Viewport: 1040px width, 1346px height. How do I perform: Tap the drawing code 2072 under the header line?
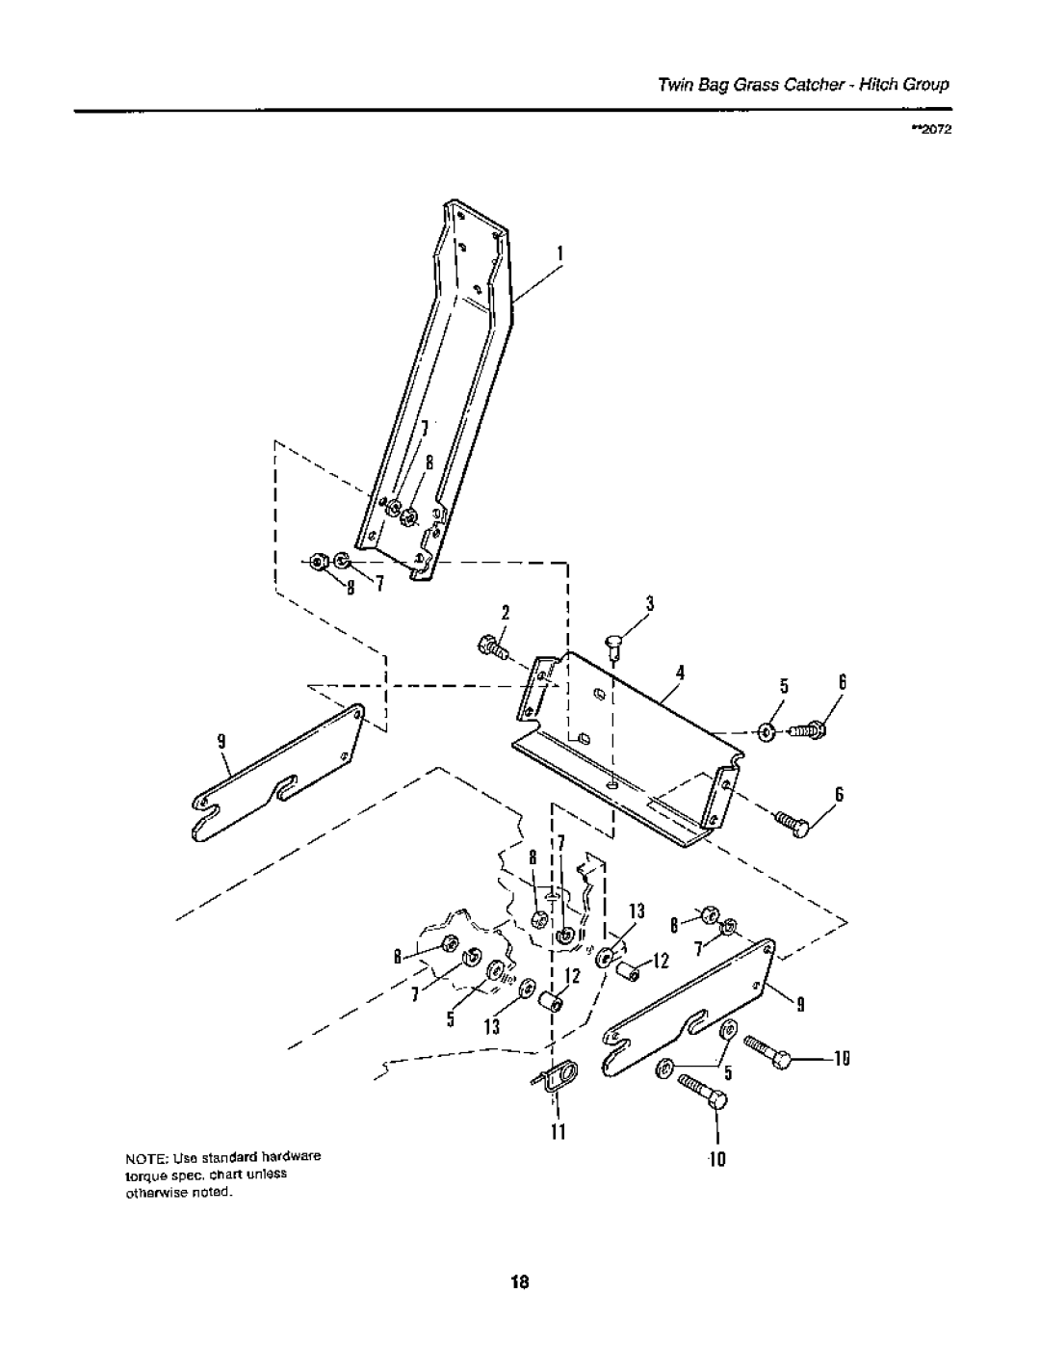click(x=934, y=130)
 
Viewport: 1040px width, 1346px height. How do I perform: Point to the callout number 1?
click(x=559, y=253)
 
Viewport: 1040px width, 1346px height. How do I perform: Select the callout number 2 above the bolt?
click(x=506, y=613)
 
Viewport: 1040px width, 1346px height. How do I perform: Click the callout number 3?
click(x=649, y=603)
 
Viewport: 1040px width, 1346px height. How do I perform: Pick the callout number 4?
click(x=680, y=673)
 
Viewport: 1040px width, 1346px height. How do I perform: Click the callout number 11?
click(x=559, y=1132)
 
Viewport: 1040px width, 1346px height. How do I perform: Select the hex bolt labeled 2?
click(x=493, y=647)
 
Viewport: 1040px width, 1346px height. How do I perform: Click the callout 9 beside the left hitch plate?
click(x=221, y=741)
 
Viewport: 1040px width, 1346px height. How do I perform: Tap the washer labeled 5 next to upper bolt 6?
click(x=767, y=733)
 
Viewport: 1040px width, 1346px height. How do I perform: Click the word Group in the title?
click(x=926, y=85)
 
